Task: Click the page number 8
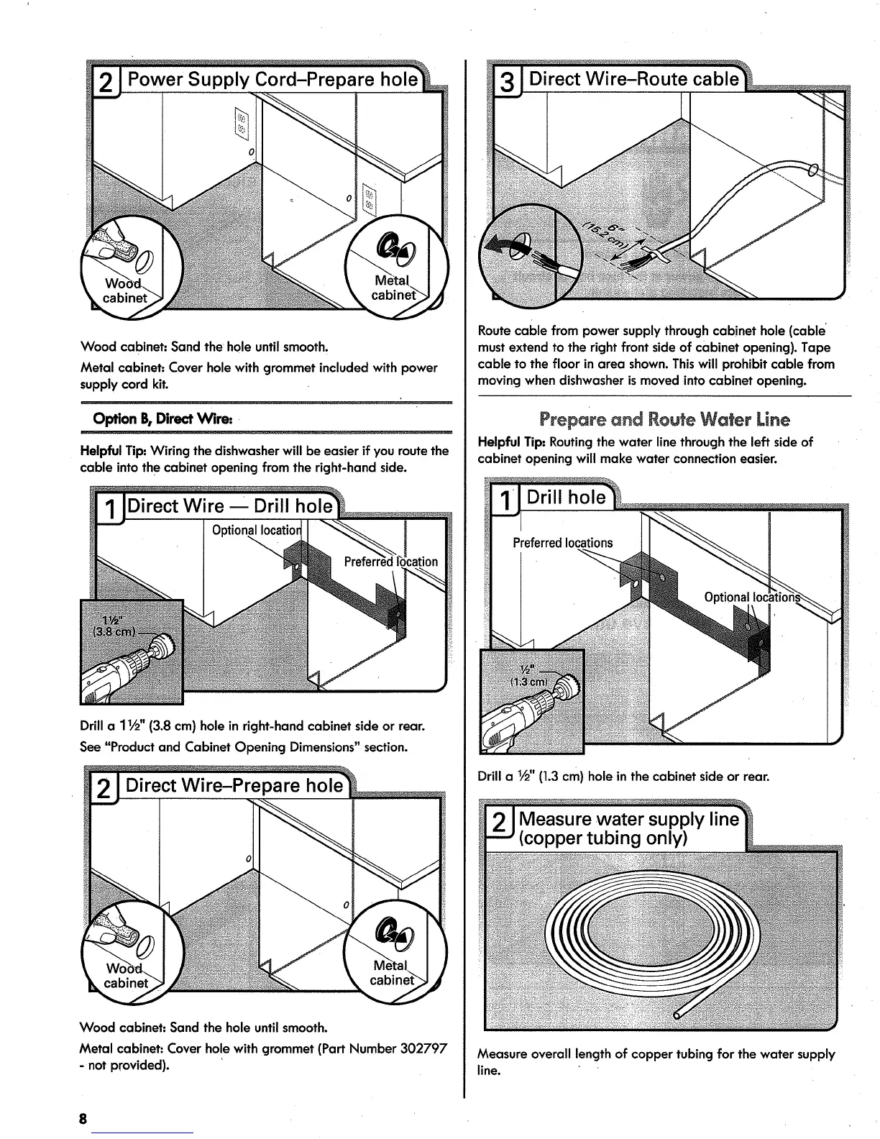83,1119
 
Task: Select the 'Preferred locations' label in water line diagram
563,542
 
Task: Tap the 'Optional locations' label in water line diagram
752,597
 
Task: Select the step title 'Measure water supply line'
628,819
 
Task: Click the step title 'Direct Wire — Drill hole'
230,506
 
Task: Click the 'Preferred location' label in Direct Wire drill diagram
390,562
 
